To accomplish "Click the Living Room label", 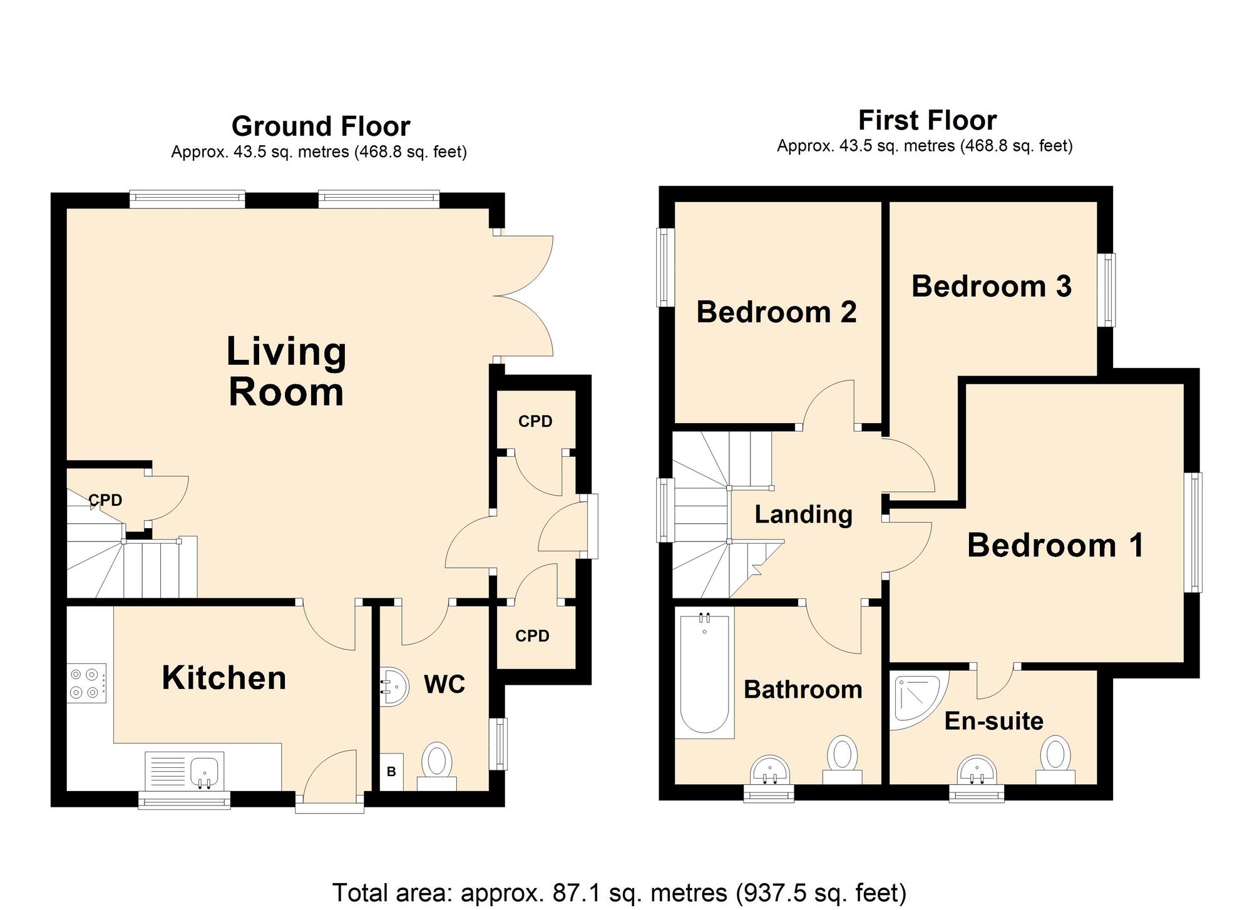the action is click(x=286, y=372).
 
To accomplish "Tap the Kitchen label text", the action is click(x=224, y=678).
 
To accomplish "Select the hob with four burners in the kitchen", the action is click(x=86, y=683).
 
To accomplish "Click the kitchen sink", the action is click(x=185, y=770).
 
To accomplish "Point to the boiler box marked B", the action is click(x=391, y=772).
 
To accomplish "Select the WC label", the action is click(x=444, y=685).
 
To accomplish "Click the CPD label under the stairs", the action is click(x=105, y=500).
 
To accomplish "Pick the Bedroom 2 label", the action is click(x=776, y=312).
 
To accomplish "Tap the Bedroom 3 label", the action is click(x=992, y=286).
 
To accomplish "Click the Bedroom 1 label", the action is click(x=1055, y=545).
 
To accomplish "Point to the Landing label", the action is click(x=804, y=514).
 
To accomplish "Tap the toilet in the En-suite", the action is click(x=1055, y=760).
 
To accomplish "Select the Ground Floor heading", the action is click(x=321, y=126).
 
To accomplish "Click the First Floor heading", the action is click(x=927, y=120).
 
